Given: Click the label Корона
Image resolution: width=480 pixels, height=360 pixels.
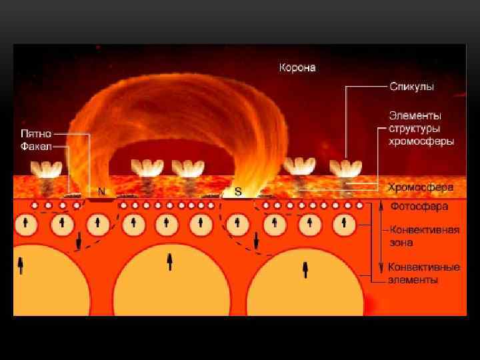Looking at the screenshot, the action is point(297,67).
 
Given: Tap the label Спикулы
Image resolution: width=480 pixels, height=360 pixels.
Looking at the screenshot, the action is point(412,87).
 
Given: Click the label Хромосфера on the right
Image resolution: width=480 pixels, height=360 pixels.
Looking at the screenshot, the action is point(421,188).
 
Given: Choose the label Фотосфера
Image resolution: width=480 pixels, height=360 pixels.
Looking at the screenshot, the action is point(419,207).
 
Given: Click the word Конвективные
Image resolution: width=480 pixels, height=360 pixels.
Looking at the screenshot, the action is point(424,268).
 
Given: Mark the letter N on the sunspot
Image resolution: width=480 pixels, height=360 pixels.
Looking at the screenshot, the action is point(101,191).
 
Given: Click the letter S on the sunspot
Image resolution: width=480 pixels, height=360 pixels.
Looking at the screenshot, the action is point(237,191).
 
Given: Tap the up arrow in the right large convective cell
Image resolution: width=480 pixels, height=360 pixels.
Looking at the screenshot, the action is point(305,268).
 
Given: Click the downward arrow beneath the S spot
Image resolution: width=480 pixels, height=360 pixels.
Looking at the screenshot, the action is point(256,241).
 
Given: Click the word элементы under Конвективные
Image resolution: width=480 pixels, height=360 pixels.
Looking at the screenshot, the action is point(413,280).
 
